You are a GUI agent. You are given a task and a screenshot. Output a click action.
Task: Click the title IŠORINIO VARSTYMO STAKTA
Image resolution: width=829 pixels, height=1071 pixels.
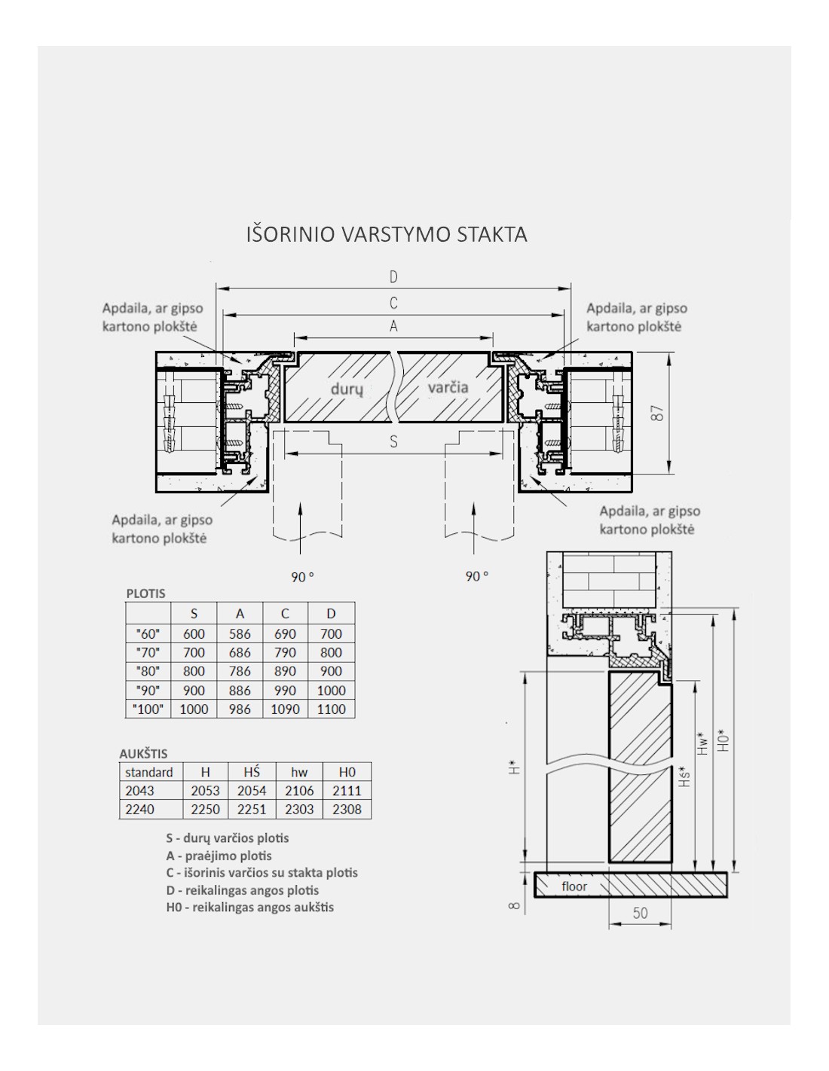387,234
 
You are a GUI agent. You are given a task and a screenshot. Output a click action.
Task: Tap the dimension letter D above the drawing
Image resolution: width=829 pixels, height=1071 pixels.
393,276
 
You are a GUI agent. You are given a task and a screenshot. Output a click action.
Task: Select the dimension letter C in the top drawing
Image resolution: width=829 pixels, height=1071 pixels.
393,303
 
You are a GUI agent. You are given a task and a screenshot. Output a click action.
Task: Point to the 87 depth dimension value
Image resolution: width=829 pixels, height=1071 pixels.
658,413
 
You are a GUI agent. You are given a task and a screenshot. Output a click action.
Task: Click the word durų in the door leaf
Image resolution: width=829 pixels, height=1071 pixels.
347,389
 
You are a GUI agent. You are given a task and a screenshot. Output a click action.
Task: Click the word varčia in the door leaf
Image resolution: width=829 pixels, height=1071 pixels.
448,387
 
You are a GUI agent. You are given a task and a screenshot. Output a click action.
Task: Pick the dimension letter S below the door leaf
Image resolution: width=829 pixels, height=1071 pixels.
393,442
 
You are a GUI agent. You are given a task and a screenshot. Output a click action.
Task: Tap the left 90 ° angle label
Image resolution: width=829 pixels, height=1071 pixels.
302,577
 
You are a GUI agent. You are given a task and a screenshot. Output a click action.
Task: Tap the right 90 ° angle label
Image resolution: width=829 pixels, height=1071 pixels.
476,576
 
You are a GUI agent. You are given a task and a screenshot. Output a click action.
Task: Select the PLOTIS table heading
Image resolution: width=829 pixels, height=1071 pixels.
145,593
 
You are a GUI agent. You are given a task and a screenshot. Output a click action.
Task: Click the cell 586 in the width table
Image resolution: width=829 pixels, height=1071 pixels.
240,634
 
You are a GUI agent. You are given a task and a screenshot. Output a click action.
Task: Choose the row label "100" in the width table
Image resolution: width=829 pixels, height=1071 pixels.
148,709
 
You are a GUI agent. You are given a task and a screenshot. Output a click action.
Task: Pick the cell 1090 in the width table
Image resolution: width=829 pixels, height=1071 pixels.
285,709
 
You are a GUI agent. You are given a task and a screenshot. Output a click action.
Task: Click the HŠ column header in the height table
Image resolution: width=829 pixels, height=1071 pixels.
252,772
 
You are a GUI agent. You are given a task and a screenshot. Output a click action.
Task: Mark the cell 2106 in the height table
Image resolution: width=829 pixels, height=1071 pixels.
299,791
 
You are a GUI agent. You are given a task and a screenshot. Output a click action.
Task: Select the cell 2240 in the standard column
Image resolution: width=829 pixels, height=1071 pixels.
140,810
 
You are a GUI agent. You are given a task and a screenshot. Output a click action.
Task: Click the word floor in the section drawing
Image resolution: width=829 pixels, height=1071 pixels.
574,886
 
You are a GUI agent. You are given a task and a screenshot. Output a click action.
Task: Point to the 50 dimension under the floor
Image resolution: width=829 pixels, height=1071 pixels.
640,913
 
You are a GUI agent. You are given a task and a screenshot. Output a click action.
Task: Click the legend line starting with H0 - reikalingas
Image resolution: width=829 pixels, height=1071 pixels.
249,907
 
